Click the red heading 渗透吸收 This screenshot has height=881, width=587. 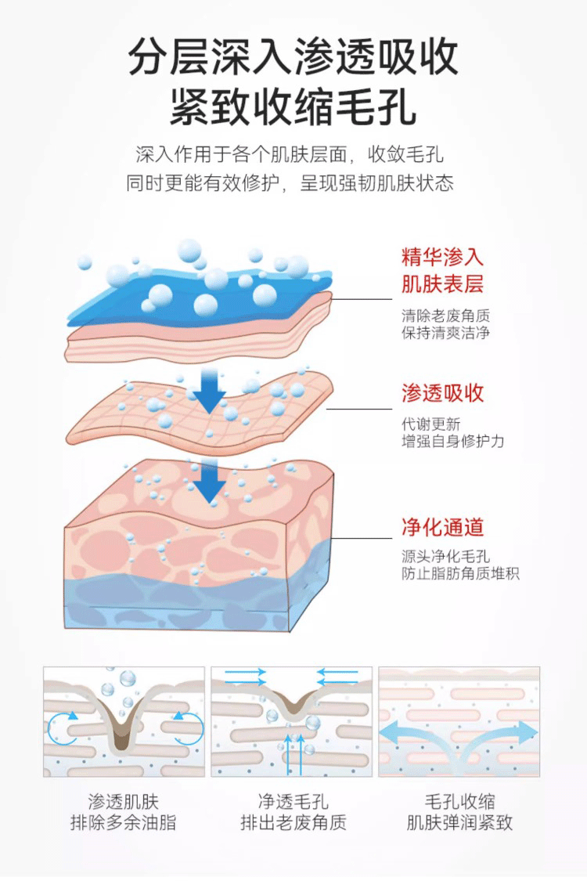tap(443, 393)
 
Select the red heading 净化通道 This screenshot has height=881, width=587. tap(443, 526)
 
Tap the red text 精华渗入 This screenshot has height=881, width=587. tap(443, 257)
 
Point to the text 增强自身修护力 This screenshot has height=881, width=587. tap(453, 442)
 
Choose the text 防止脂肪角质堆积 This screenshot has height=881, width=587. tap(460, 574)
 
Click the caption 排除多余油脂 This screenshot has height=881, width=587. tap(124, 823)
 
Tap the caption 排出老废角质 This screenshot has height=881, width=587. tap(293, 823)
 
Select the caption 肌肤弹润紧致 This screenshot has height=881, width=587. tap(459, 823)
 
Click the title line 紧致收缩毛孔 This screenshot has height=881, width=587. tap(293, 107)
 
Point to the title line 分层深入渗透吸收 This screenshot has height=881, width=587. tap(293, 56)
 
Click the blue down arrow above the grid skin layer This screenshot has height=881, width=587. tap(209, 392)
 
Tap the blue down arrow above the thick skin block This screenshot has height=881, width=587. tap(209, 482)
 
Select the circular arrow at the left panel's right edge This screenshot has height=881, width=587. tap(189, 728)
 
